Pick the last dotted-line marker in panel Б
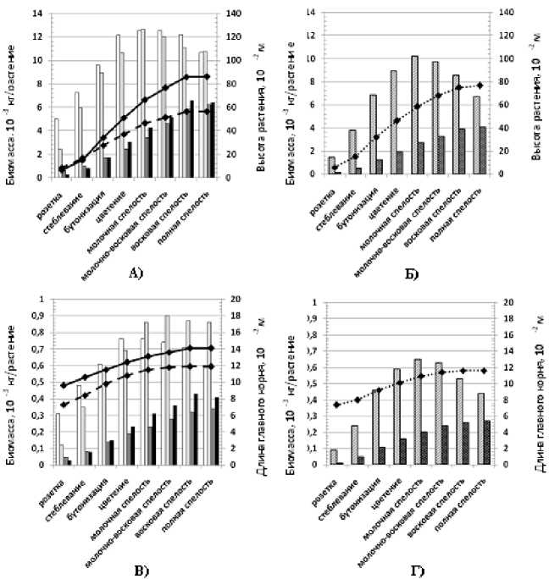pos(479,85)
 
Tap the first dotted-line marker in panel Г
pos(336,405)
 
